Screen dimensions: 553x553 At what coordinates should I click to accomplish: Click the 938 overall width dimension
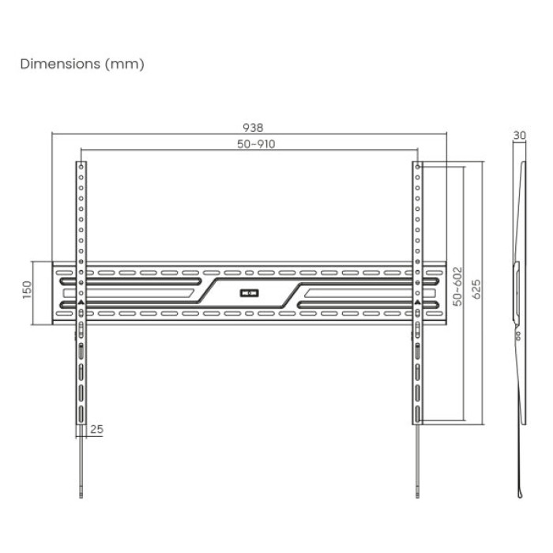[x=253, y=128]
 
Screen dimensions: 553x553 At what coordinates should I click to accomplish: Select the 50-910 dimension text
[x=256, y=144]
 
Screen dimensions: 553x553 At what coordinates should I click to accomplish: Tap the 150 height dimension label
[x=27, y=290]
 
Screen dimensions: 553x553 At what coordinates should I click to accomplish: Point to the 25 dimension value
[x=97, y=429]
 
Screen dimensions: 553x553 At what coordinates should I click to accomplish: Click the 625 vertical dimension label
[x=476, y=289]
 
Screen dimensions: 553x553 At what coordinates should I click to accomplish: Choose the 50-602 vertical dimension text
[x=457, y=286]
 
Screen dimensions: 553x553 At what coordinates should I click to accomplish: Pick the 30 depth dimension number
[x=520, y=135]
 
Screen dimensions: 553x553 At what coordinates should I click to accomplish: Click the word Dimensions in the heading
[x=60, y=64]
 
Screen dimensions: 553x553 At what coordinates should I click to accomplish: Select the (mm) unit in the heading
[x=125, y=64]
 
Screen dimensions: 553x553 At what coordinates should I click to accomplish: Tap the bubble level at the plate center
[x=250, y=293]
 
